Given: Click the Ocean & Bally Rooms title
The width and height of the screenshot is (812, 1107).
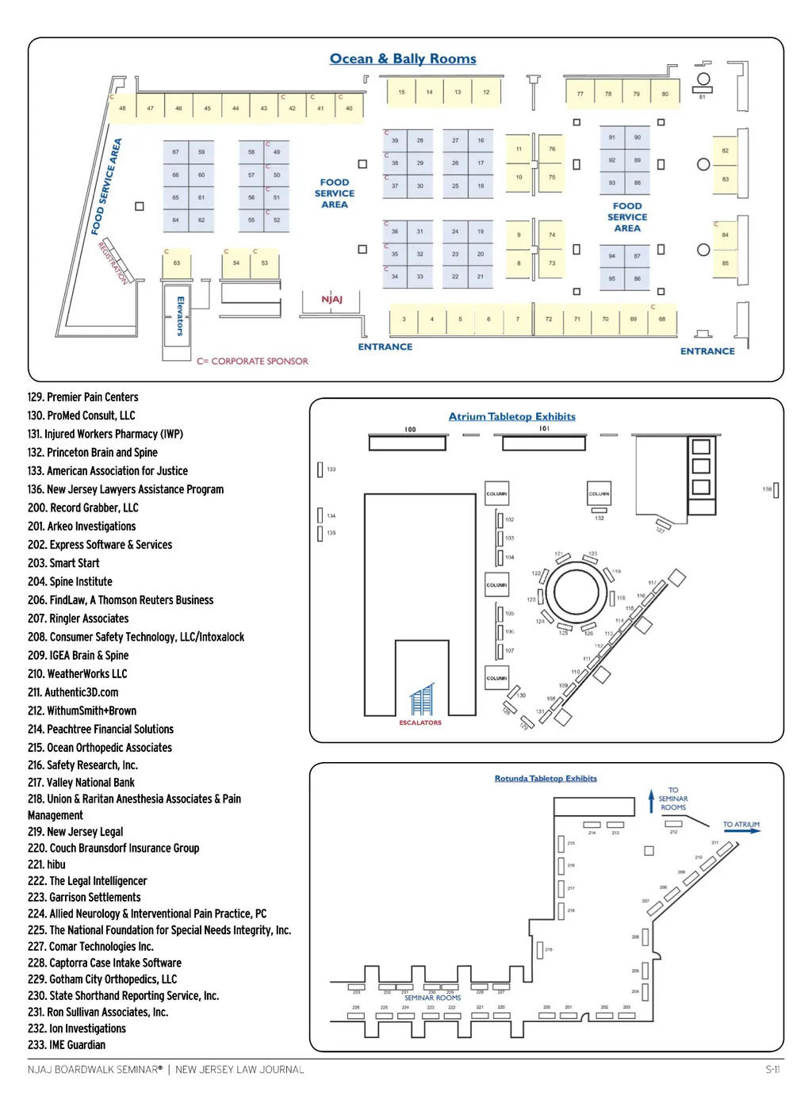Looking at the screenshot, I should click(x=403, y=59).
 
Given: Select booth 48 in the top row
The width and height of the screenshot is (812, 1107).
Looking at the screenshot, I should click(x=122, y=108).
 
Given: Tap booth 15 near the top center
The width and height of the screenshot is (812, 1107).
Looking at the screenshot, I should click(x=401, y=92).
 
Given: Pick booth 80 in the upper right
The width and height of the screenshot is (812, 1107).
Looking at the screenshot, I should click(x=665, y=94).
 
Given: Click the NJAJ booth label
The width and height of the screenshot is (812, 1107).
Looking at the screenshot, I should click(x=331, y=299).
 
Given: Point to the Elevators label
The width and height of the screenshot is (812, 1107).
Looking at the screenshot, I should click(x=180, y=316).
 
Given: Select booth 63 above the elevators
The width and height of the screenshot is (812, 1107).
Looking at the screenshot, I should click(x=176, y=262).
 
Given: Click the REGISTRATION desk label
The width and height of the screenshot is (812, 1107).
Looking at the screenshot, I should click(x=113, y=262).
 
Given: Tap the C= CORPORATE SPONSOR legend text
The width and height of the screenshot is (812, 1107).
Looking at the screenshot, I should click(x=252, y=361).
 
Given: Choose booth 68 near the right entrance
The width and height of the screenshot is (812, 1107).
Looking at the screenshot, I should click(x=661, y=319).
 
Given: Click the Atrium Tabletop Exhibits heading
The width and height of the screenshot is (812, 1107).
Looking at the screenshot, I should click(x=511, y=416).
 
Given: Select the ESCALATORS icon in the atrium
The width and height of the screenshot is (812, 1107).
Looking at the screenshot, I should click(x=421, y=701).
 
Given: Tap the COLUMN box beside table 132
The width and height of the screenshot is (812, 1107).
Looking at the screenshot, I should click(x=599, y=493).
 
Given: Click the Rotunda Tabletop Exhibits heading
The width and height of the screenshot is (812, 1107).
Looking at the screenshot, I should click(x=546, y=779).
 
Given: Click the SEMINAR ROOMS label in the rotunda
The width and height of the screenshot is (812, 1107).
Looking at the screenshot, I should click(x=432, y=998).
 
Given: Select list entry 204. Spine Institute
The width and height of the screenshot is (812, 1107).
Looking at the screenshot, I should click(x=70, y=581).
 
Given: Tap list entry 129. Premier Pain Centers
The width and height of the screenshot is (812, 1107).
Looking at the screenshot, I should click(x=82, y=397).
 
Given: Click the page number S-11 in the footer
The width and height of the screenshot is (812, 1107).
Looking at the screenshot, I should click(x=772, y=1069).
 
